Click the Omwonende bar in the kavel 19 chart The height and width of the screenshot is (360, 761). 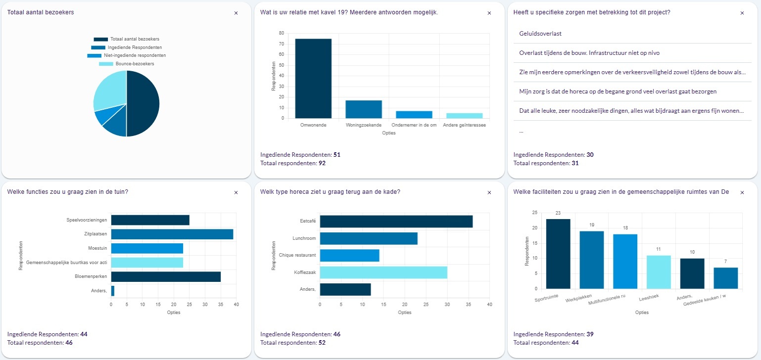click(313, 79)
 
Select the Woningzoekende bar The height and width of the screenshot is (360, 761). click(364, 109)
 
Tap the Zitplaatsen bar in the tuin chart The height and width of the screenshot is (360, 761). click(172, 234)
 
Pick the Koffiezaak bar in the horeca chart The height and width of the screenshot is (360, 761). click(383, 272)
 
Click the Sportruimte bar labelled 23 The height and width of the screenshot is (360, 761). click(558, 254)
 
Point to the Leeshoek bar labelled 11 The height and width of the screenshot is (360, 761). click(659, 272)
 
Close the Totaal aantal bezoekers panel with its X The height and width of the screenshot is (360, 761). click(236, 13)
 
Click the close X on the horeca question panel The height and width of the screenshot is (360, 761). click(489, 192)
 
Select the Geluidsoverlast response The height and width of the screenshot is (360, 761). click(540, 34)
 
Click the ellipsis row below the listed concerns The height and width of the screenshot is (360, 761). click(522, 131)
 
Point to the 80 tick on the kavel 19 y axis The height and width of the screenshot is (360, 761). click(281, 33)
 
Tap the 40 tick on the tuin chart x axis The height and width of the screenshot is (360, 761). click(236, 304)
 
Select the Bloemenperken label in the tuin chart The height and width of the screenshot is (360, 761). click(91, 276)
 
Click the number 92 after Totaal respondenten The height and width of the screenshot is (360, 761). click(322, 163)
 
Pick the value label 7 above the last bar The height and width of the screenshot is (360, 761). click(725, 261)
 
